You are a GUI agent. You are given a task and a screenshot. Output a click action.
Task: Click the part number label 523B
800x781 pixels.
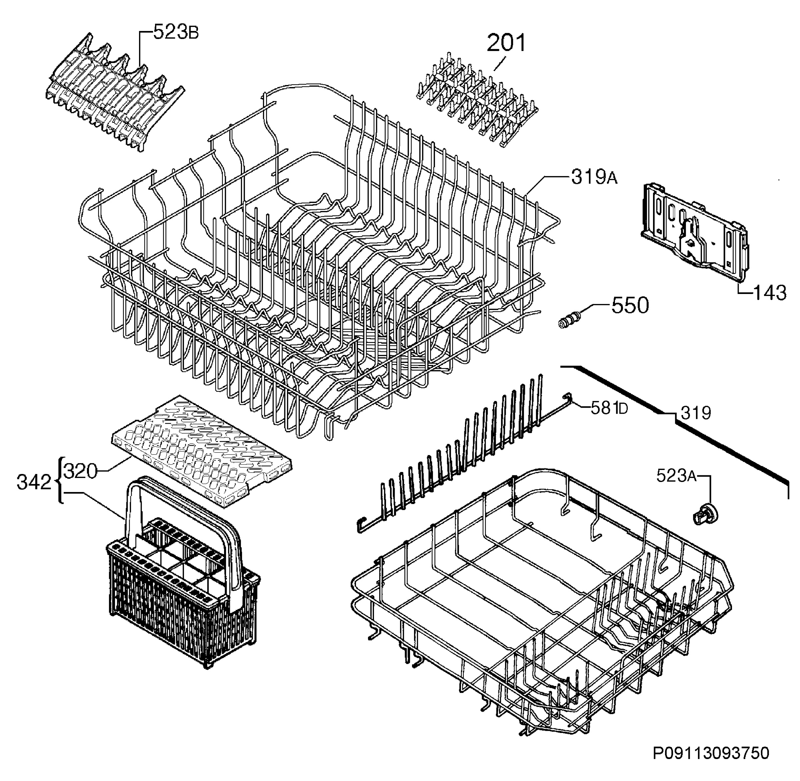click(176, 32)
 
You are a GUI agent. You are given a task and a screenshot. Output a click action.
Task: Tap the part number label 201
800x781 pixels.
click(506, 43)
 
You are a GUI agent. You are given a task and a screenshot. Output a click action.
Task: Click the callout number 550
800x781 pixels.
click(630, 306)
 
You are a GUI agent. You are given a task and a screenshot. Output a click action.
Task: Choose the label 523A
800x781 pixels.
click(676, 476)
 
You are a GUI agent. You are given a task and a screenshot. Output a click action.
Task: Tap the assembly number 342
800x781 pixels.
click(34, 483)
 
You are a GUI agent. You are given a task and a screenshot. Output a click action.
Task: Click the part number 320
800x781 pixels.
click(81, 472)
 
